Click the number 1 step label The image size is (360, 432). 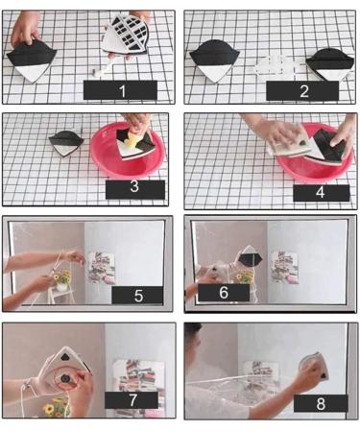click(120, 90)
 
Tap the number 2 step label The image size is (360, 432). click(302, 90)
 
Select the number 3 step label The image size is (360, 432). click(135, 189)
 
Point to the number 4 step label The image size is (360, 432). click(321, 193)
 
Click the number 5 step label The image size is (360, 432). click(137, 295)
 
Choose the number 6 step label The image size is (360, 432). click(224, 293)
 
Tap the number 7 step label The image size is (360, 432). click(132, 400)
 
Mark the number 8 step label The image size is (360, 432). click(321, 403)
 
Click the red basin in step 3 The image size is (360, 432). click(129, 151)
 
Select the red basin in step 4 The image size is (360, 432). click(315, 154)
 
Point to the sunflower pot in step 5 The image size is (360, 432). click(61, 280)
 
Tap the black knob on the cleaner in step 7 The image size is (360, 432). click(66, 379)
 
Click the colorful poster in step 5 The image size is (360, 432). click(101, 268)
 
